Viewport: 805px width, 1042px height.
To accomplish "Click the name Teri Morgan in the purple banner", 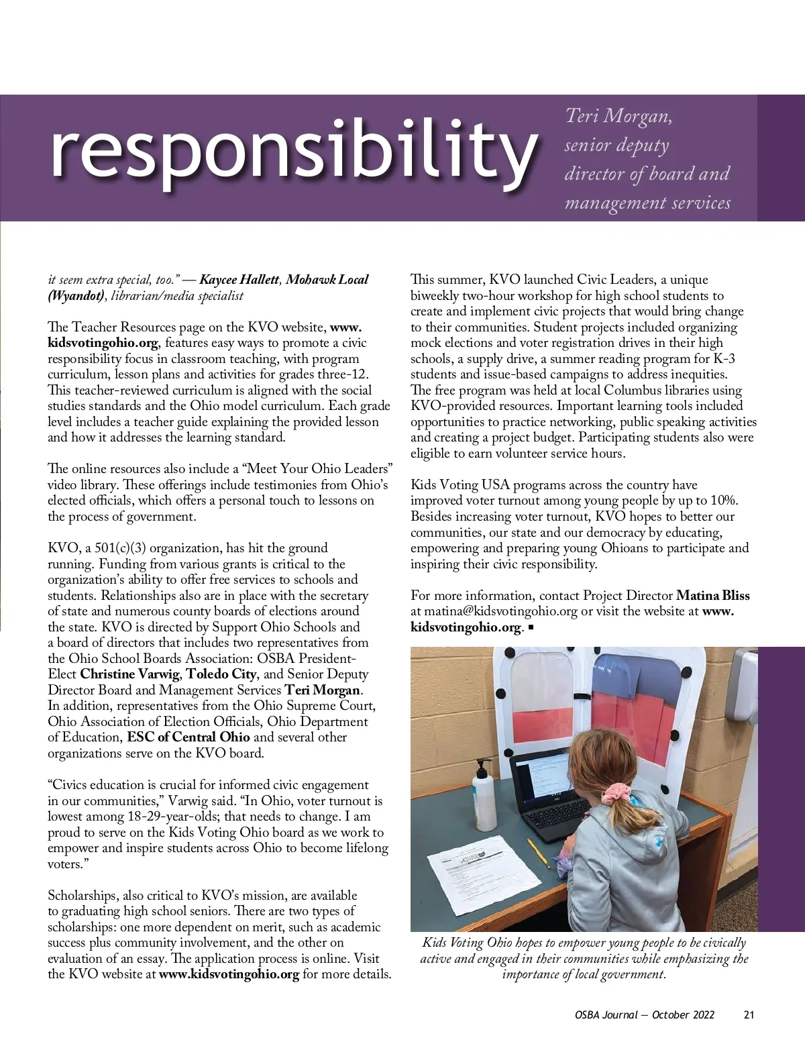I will (618, 116).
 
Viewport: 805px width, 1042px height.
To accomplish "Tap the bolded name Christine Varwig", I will (131, 674).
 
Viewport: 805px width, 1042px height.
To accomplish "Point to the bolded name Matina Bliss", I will (712, 595).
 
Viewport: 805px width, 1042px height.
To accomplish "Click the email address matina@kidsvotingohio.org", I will (500, 611).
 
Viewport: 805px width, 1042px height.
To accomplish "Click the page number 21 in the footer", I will (749, 1014).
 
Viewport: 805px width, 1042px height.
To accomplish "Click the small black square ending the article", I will (531, 627).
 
